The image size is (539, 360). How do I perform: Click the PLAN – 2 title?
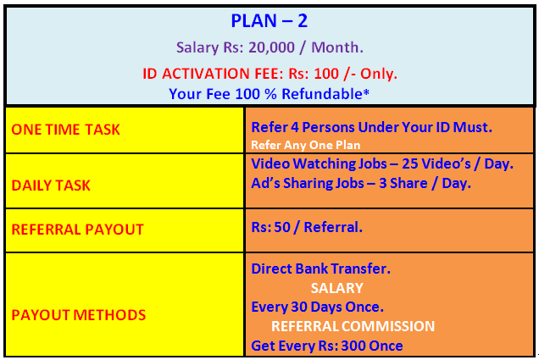pos(269,21)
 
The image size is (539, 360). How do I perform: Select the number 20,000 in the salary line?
pos(271,47)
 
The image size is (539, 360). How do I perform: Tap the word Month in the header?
pos(335,47)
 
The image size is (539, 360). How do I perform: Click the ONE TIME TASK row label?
pos(65,130)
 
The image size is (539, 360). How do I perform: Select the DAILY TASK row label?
pos(51,186)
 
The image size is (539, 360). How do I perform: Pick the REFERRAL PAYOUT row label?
pos(77,230)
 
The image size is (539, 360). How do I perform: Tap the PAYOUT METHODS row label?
pos(78,315)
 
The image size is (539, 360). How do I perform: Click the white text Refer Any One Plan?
pos(306,145)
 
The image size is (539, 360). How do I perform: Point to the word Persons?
pos(328,127)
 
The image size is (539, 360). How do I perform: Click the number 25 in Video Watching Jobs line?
pos(409,163)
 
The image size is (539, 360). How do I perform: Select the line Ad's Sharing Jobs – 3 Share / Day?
pos(361,183)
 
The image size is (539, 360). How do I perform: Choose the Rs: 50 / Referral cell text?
pos(307,227)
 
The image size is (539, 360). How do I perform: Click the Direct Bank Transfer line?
pos(320,269)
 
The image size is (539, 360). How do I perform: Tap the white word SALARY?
pos(337,288)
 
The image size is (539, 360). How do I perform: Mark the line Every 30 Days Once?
pos(317,307)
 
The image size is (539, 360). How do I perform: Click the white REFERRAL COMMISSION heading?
pos(353,326)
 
